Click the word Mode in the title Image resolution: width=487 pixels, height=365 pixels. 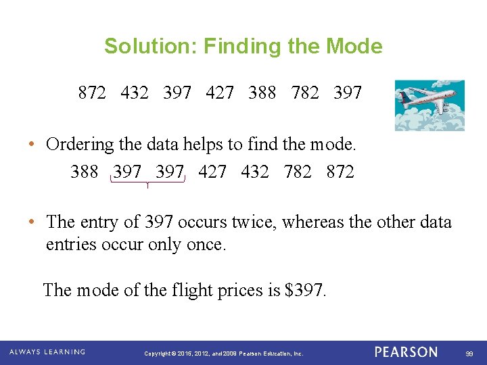pos(354,47)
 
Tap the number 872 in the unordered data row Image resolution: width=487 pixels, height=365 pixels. pos(92,93)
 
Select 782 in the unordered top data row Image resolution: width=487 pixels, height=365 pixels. pos(305,93)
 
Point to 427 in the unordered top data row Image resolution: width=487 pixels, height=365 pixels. pos(220,93)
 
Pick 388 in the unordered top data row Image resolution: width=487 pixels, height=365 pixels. pos(262,93)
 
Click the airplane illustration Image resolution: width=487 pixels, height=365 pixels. pos(430,105)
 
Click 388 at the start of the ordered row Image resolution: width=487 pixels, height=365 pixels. pos(84,172)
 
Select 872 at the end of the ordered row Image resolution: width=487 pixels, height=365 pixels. pos(340,172)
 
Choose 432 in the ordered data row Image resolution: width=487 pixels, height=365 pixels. pos(255,172)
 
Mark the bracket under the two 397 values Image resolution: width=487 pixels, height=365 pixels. pos(147,182)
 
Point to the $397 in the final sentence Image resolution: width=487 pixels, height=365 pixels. pos(306,290)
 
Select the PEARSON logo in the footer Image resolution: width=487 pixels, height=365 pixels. pos(406,352)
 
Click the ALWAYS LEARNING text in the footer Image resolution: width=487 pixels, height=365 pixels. pos(47,352)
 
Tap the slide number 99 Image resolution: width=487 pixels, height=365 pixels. pos(469,354)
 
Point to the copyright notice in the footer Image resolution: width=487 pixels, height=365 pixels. pos(224,354)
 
